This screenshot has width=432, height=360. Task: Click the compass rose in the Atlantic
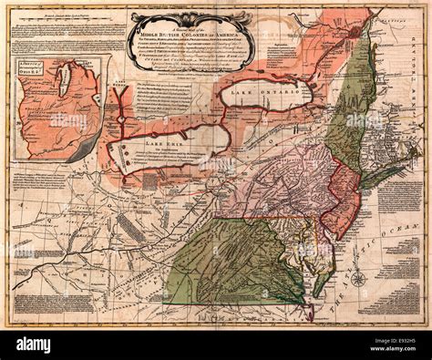(358, 279)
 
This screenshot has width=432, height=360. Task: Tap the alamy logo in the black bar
(46, 345)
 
